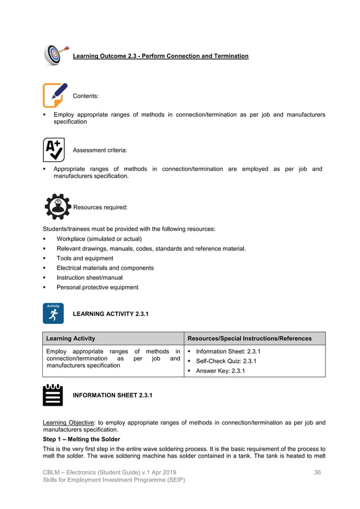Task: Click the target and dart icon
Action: [x=56, y=55]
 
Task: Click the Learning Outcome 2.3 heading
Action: [x=160, y=56]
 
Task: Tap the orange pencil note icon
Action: [x=55, y=95]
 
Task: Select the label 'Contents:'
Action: [x=86, y=96]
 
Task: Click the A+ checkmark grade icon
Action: [x=54, y=150]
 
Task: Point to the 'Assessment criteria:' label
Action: [x=100, y=150]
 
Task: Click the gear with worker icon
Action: [x=58, y=206]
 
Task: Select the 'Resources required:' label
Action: [x=100, y=208]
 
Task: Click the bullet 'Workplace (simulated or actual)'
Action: [x=99, y=239]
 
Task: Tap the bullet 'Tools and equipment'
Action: [x=85, y=258]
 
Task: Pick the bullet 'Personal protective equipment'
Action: [x=97, y=287]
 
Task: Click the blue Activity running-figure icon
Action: [x=53, y=313]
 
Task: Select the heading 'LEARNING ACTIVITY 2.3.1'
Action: [x=111, y=314]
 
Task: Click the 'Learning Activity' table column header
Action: [x=71, y=339]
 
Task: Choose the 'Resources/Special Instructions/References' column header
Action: [x=249, y=339]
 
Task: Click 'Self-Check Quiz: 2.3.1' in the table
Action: [x=226, y=361]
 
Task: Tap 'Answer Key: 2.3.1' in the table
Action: [x=220, y=371]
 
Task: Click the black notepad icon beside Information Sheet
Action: [x=53, y=395]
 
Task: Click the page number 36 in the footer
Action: [x=317, y=472]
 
